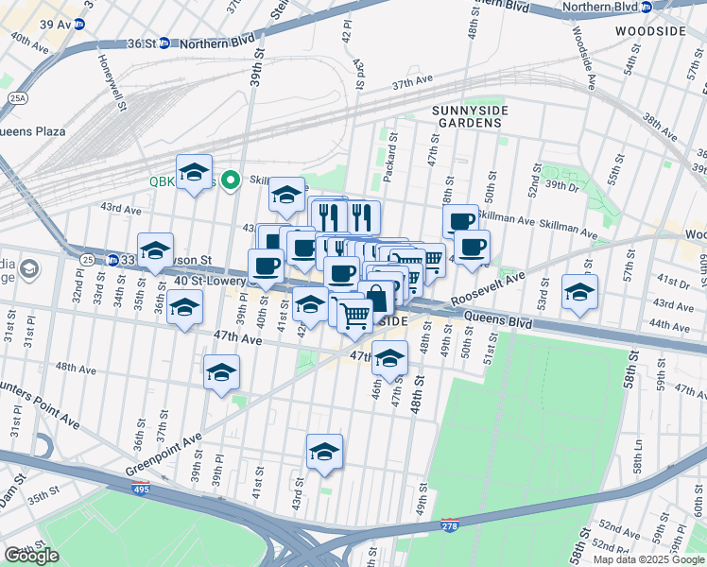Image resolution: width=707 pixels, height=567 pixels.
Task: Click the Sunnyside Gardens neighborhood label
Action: [x=470, y=117]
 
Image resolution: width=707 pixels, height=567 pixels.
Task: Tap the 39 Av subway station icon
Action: [x=78, y=24]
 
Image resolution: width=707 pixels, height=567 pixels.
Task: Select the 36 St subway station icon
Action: [x=164, y=43]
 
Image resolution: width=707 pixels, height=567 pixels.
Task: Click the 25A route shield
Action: [x=16, y=97]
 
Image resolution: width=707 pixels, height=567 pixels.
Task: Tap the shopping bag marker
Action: [x=376, y=297]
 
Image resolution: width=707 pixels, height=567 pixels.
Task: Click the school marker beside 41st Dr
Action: [x=579, y=290]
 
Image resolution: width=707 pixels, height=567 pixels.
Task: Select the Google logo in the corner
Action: [x=32, y=556]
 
